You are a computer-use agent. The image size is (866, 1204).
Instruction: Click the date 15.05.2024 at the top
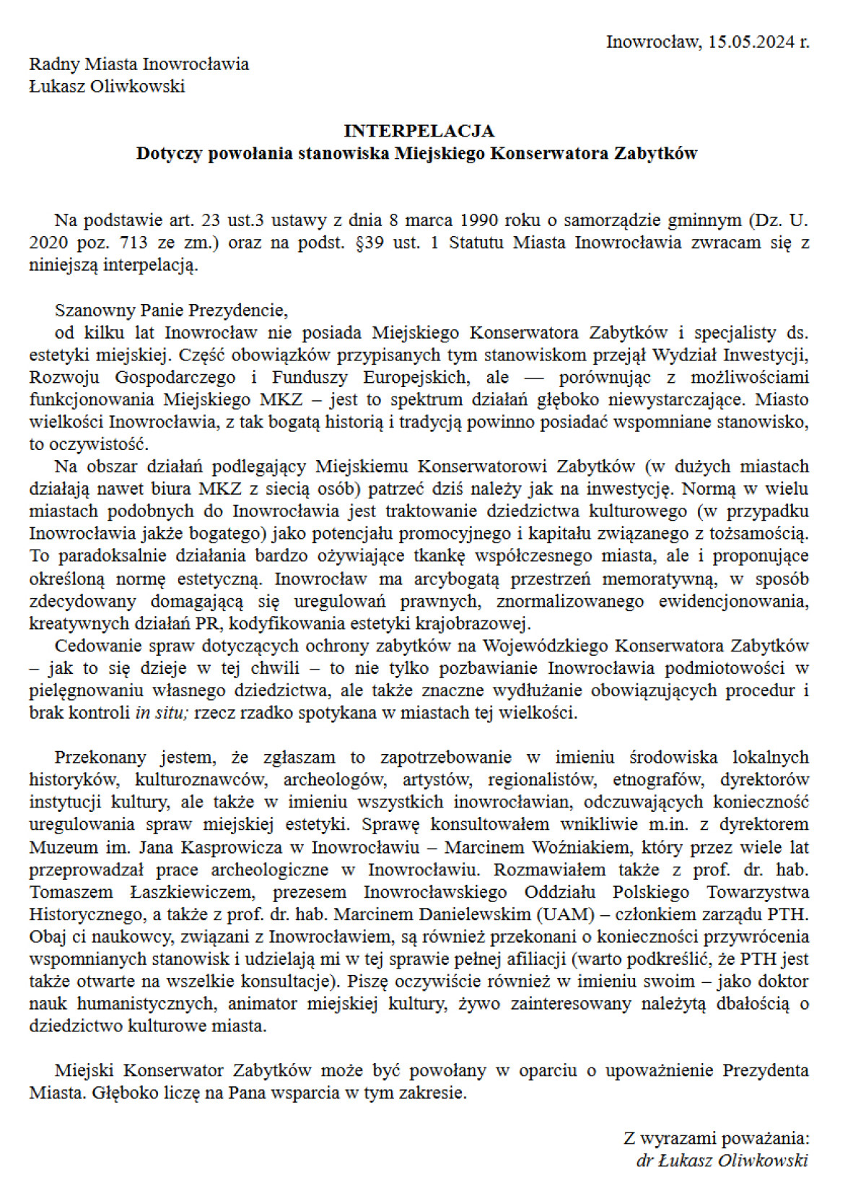pyautogui.click(x=751, y=41)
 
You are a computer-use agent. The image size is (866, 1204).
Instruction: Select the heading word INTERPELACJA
pyautogui.click(x=419, y=131)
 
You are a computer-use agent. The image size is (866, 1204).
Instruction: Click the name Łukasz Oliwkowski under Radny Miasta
pyautogui.click(x=107, y=86)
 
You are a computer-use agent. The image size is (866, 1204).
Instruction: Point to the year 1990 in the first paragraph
pyautogui.click(x=479, y=220)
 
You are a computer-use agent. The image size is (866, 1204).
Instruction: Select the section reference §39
pyautogui.click(x=370, y=242)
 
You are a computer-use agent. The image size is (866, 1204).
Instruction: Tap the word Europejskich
pyautogui.click(x=416, y=377)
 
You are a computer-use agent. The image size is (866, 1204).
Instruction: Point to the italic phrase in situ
pyautogui.click(x=162, y=713)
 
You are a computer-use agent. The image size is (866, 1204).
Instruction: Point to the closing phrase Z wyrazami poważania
pyautogui.click(x=716, y=1138)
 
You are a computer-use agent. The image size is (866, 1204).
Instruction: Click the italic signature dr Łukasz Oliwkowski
pyautogui.click(x=722, y=1160)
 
